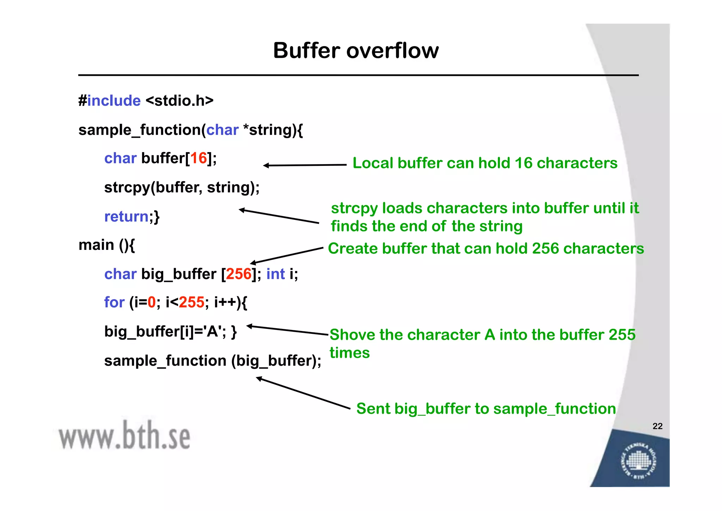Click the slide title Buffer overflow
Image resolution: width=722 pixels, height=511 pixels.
356,50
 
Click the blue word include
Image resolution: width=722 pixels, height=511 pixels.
114,101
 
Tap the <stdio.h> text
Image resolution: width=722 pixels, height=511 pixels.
179,101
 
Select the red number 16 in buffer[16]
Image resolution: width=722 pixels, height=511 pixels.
198,158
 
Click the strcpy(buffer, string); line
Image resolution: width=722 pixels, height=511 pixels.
182,187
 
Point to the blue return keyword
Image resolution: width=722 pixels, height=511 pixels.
126,216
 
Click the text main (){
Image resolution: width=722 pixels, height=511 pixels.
106,245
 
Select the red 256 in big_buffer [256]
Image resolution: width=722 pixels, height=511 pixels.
239,274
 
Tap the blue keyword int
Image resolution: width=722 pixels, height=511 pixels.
275,274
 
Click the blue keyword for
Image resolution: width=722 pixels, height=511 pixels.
114,302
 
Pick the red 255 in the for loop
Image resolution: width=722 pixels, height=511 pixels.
191,302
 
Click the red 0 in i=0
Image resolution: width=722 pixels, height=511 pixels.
152,302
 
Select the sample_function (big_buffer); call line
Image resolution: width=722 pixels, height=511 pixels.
213,361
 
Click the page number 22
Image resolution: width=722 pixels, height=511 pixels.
657,426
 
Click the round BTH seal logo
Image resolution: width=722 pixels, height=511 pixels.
638,461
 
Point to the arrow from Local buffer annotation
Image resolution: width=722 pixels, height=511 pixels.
305,165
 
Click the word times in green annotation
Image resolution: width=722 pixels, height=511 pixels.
349,353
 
